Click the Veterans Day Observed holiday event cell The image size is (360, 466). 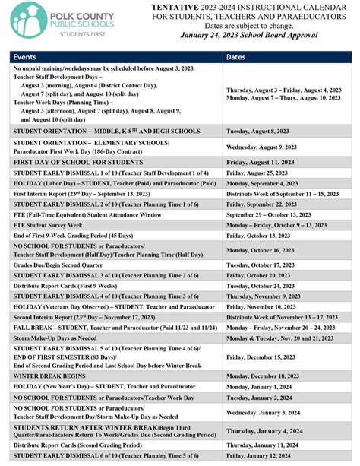coord(114,306)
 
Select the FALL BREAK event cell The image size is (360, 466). coord(114,328)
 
